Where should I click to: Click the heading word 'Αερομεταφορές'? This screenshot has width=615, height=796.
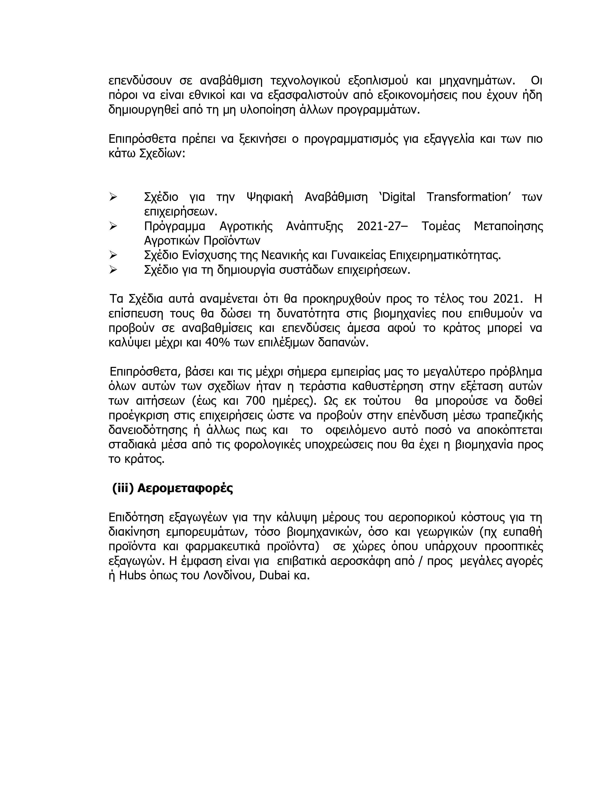(185, 488)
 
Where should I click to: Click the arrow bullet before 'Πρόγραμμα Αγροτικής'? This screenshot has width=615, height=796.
(113, 226)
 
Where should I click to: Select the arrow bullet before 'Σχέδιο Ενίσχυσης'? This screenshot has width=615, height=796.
(113, 255)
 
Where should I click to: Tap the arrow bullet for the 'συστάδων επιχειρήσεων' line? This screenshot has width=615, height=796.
(113, 270)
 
